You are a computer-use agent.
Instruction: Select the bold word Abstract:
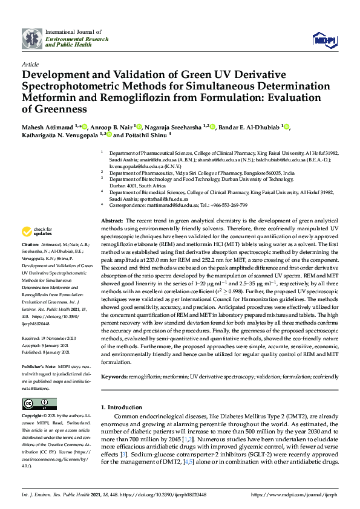pyautogui.click(x=112, y=221)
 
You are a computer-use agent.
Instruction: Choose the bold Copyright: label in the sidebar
pyautogui.click(x=33, y=417)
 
